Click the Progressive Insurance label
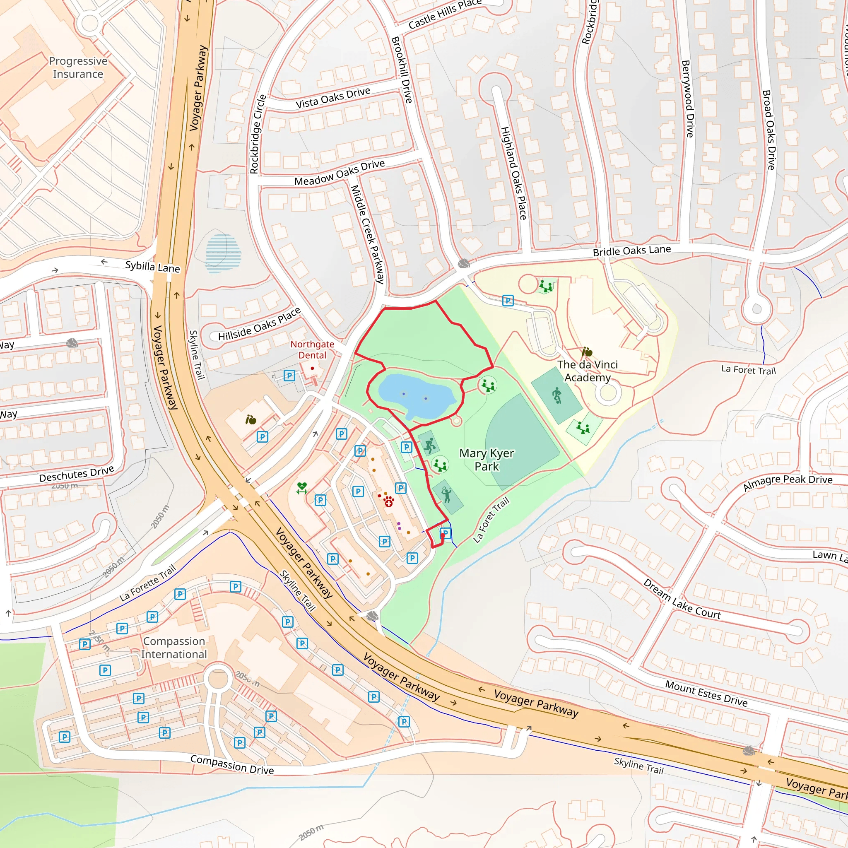pyautogui.click(x=78, y=67)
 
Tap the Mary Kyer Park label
pyautogui.click(x=487, y=460)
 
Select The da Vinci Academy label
pyautogui.click(x=587, y=371)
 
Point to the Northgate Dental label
pyautogui.click(x=312, y=350)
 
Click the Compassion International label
pyautogui.click(x=174, y=648)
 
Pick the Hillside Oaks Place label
pyautogui.click(x=259, y=324)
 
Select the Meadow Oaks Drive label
pyautogui.click(x=339, y=173)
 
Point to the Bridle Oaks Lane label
pyautogui.click(x=631, y=251)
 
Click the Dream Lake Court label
pyautogui.click(x=682, y=600)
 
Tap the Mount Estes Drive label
pyautogui.click(x=706, y=693)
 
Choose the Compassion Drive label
pyautogui.click(x=232, y=765)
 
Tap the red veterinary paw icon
pyautogui.click(x=388, y=501)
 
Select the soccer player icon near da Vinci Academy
pyautogui.click(x=556, y=395)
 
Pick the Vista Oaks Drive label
pyautogui.click(x=333, y=97)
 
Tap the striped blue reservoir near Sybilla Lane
pyautogui.click(x=223, y=253)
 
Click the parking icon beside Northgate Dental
pyautogui.click(x=289, y=375)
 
